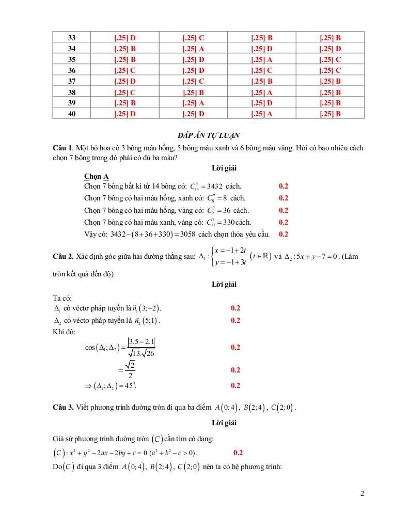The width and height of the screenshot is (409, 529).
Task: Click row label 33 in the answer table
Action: tap(72, 38)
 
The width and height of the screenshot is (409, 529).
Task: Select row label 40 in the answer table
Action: tap(72, 114)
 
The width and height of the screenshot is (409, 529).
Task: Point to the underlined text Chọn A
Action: tap(96, 176)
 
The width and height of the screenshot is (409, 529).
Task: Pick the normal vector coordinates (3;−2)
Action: tap(151, 308)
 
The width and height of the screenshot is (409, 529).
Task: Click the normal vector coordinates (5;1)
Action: tap(150, 320)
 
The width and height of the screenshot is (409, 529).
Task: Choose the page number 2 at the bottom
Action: tap(362, 493)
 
